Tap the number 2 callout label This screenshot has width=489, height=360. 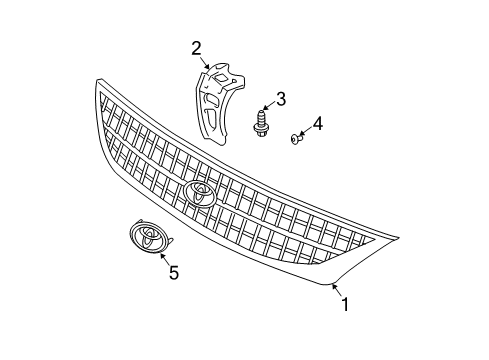[x=197, y=46]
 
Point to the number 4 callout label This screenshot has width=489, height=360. [x=318, y=123]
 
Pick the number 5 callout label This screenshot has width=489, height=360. [x=173, y=271]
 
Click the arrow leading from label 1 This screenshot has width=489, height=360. [x=336, y=291]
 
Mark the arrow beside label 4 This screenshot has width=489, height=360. [x=304, y=130]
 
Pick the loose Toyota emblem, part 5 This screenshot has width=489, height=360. [x=148, y=237]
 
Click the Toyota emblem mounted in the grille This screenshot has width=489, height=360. [x=200, y=194]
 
